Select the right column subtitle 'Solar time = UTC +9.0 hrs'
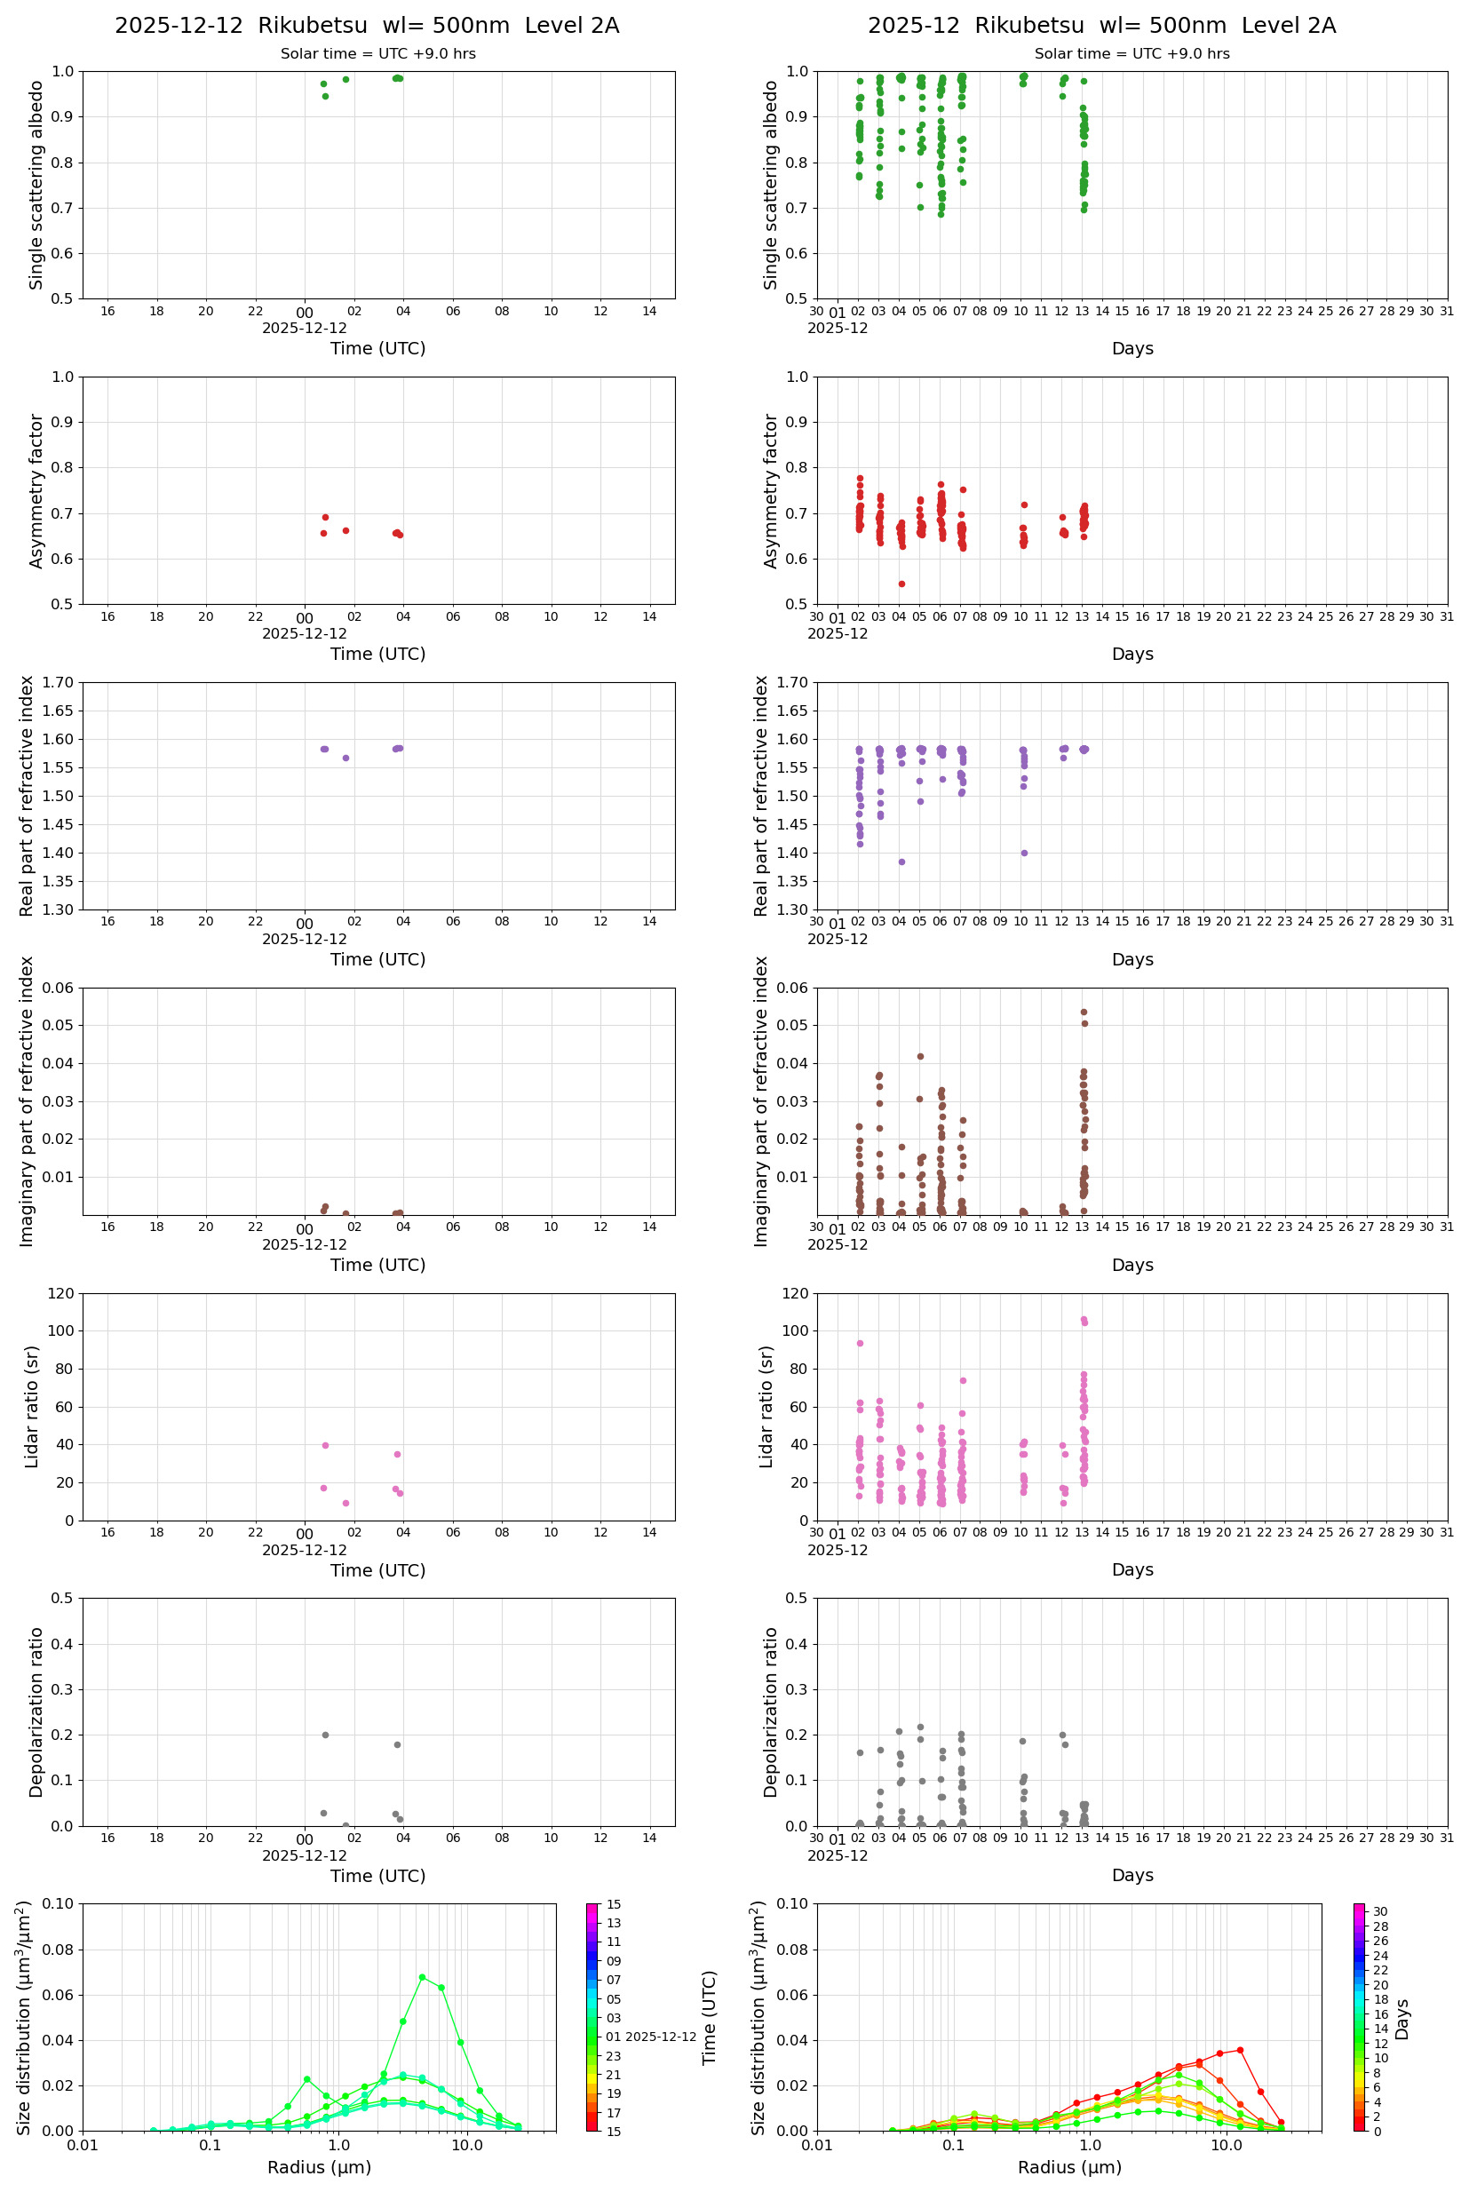point(1132,54)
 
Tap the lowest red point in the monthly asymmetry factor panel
point(901,584)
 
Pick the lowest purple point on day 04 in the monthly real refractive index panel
point(901,862)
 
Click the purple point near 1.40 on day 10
point(1024,853)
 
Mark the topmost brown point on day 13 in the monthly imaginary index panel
point(1084,1012)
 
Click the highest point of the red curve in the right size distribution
point(1240,2050)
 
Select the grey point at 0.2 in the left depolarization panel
point(325,1735)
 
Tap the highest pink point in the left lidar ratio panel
point(325,1445)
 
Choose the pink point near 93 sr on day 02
point(860,1343)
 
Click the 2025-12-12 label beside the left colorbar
point(661,2037)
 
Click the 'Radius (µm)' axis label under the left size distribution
point(320,2167)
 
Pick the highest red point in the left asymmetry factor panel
point(325,517)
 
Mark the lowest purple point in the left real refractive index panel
point(345,758)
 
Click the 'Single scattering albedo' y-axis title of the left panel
point(36,185)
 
